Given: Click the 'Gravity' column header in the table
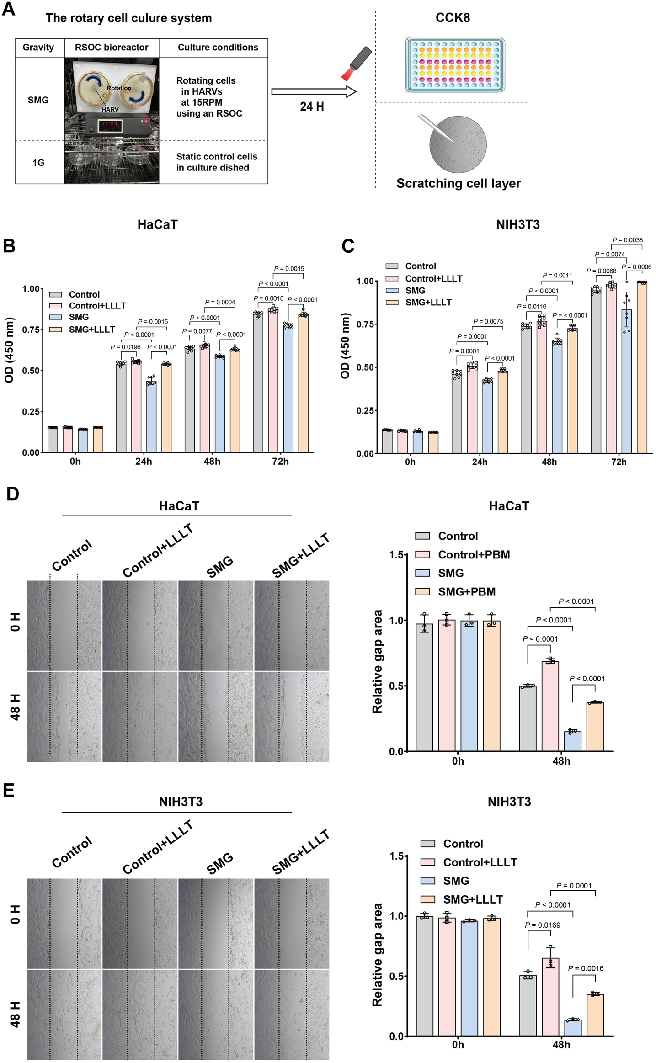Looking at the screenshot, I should tap(38, 48).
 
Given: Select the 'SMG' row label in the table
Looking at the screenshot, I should tap(38, 100).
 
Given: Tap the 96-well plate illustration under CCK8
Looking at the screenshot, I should tap(454, 65).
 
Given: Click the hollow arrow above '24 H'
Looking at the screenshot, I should tap(314, 92).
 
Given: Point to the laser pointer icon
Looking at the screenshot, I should tap(357, 63).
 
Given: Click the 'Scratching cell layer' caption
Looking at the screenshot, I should tap(458, 183).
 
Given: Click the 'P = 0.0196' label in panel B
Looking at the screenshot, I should tap(126, 347).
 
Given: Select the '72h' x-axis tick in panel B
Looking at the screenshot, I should tap(280, 462).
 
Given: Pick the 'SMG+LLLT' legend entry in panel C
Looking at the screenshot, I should tap(428, 303).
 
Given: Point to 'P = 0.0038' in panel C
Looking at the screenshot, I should tap(627, 240).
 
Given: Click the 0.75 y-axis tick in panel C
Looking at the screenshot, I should tap(366, 324).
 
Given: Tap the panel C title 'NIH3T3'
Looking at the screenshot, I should tap(517, 225).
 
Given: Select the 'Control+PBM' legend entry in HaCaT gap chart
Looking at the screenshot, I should tap(474, 555).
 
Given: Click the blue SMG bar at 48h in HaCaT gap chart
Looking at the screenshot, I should tap(572, 741).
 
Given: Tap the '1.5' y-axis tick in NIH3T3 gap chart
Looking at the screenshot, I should tap(398, 856).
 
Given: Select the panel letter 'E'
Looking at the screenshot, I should tap(9, 791).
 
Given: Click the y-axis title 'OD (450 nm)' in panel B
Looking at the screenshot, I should tap(9, 350).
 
